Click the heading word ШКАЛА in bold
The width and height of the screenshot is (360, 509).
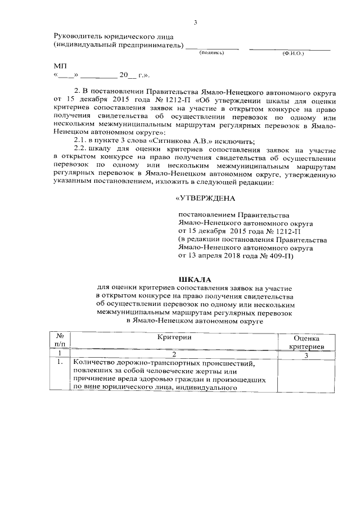pyautogui.click(x=195, y=279)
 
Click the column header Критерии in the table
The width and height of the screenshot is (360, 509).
pyautogui.click(x=174, y=337)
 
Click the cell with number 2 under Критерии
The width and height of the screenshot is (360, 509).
pyautogui.click(x=174, y=354)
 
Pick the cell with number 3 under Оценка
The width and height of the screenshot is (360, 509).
pyautogui.click(x=307, y=355)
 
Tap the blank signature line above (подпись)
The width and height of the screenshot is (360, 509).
pyautogui.click(x=212, y=47)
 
